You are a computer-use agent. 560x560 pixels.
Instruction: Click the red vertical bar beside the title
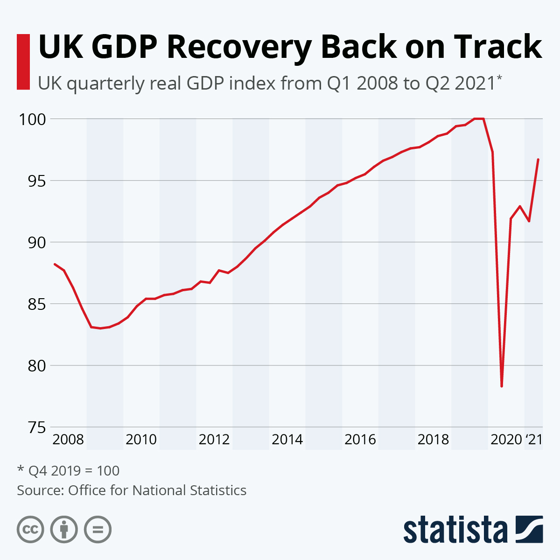click(x=23, y=62)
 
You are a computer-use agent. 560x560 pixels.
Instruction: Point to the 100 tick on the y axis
click(x=32, y=119)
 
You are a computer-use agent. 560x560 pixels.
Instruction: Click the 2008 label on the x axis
click(x=68, y=440)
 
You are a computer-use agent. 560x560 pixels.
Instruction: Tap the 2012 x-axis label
click(x=214, y=440)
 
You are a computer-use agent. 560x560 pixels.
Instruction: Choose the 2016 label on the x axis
click(x=360, y=440)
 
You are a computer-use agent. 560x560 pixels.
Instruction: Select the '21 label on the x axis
click(x=534, y=440)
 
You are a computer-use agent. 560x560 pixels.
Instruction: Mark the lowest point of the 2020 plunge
click(x=502, y=386)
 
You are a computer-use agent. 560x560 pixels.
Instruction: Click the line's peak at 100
click(x=479, y=119)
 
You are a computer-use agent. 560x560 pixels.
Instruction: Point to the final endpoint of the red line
click(x=538, y=159)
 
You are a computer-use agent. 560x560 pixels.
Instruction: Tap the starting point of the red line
click(x=55, y=264)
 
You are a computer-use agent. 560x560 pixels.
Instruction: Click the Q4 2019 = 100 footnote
click(x=69, y=470)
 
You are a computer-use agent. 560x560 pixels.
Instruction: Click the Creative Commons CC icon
click(x=30, y=530)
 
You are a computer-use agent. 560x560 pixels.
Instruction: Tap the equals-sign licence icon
click(x=98, y=530)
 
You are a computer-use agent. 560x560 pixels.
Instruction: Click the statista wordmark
click(x=455, y=530)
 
